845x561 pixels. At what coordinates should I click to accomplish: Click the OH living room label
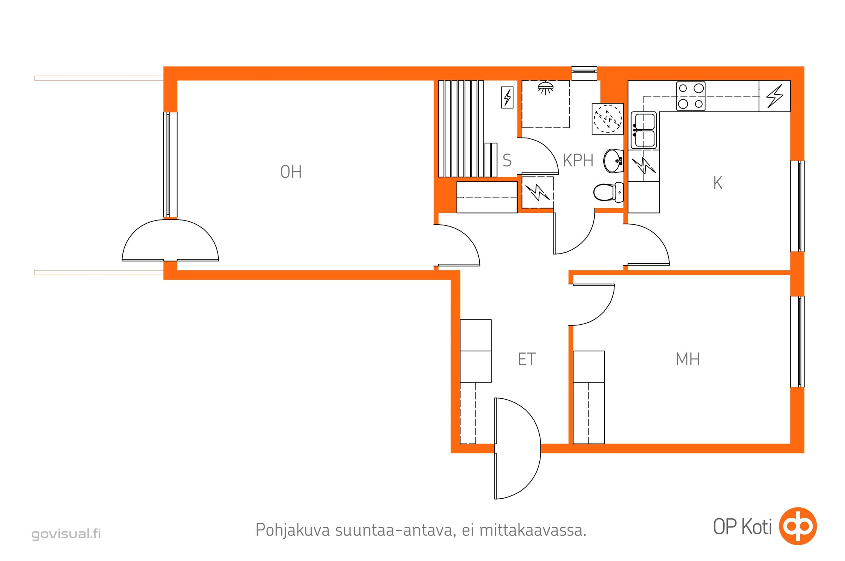(291, 172)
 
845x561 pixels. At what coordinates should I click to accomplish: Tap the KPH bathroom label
(578, 160)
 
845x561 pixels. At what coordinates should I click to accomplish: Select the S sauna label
(507, 160)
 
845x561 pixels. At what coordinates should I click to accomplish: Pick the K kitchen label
(718, 183)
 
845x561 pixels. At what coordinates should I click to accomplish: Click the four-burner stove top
(691, 96)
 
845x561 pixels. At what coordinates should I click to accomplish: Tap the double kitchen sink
(644, 130)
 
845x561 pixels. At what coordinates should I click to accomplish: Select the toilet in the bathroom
(608, 192)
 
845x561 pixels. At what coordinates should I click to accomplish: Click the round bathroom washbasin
(613, 161)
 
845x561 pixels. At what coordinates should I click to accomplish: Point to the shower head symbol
(545, 88)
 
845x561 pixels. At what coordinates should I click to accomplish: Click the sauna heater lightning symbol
(507, 97)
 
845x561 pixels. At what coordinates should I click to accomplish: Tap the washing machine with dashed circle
(608, 119)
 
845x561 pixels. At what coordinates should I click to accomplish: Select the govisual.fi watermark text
(66, 534)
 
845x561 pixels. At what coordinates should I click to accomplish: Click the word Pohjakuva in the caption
(293, 530)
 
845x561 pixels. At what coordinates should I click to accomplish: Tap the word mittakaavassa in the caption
(533, 530)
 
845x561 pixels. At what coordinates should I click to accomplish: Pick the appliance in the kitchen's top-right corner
(774, 96)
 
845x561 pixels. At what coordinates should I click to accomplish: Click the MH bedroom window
(797, 342)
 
